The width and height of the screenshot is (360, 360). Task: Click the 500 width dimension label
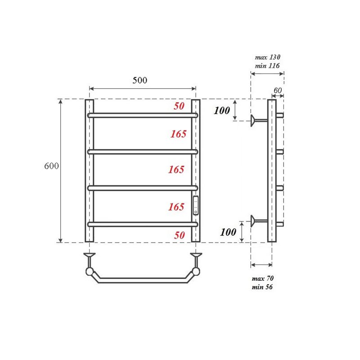click(x=139, y=81)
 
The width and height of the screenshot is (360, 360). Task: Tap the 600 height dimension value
click(x=52, y=166)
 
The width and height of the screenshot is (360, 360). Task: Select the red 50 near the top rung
click(x=179, y=107)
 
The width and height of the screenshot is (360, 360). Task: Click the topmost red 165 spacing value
click(x=178, y=134)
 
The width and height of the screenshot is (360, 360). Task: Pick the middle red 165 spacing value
click(x=176, y=170)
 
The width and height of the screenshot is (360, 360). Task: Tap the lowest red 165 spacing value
click(x=176, y=207)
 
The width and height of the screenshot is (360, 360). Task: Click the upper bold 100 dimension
click(x=222, y=111)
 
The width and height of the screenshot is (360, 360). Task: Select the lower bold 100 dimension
click(x=228, y=232)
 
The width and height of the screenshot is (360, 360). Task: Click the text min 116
click(x=267, y=66)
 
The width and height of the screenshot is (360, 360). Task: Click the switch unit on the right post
click(x=195, y=206)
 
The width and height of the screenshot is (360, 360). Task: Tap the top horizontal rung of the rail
click(x=143, y=115)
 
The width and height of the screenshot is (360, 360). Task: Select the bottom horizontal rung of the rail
click(x=143, y=224)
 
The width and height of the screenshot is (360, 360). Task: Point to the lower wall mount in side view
click(x=258, y=220)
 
